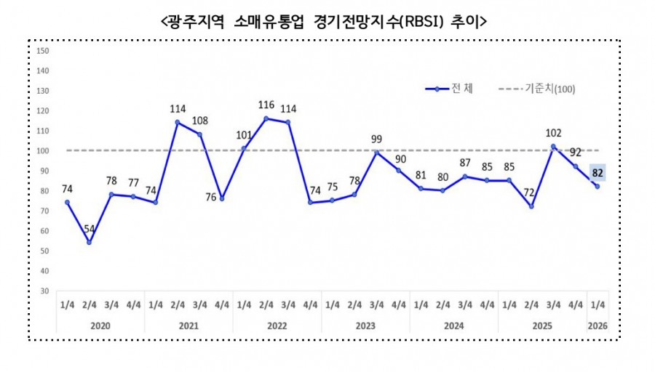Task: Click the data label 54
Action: [89, 230]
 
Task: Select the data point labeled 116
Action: [266, 118]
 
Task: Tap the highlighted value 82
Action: [597, 173]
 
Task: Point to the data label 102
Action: [553, 133]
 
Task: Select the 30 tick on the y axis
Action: [44, 291]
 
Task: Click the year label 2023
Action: [365, 327]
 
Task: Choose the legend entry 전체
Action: [450, 89]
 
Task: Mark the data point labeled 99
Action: [377, 152]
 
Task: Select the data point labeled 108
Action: [200, 134]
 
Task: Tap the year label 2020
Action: [100, 327]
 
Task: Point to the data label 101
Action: [245, 134]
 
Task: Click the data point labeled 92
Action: [576, 166]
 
